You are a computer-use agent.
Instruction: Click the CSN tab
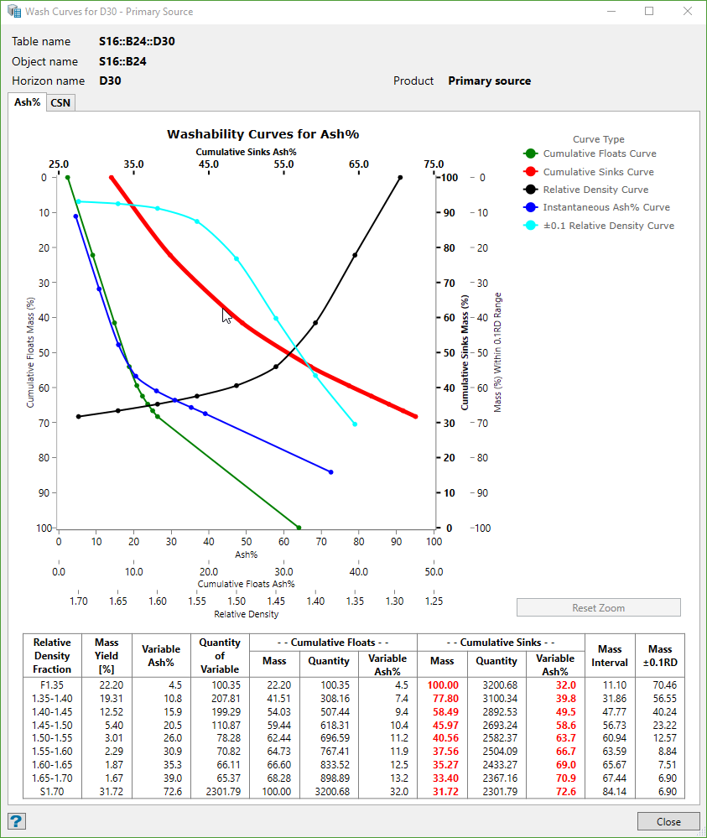click(60, 102)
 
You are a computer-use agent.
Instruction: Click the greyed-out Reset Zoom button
click(598, 608)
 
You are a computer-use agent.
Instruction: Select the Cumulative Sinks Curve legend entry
click(599, 172)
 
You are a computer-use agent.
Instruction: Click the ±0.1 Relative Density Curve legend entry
click(608, 226)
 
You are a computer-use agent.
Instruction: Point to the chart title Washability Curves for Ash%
click(263, 134)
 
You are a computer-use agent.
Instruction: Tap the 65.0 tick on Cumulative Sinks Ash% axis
click(358, 164)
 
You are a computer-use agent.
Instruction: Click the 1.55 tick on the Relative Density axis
click(197, 601)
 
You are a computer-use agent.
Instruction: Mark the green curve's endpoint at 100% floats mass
click(299, 528)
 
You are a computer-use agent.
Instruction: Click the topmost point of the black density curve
click(400, 177)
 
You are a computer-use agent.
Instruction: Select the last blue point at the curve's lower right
click(330, 472)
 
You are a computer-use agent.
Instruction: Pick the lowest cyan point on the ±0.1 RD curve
click(355, 424)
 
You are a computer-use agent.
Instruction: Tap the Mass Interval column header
click(610, 655)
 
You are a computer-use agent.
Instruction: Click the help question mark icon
click(16, 821)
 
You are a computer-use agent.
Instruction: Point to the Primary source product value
click(489, 81)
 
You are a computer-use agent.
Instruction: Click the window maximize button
click(649, 12)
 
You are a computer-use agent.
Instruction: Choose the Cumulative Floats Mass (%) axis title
click(31, 352)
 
